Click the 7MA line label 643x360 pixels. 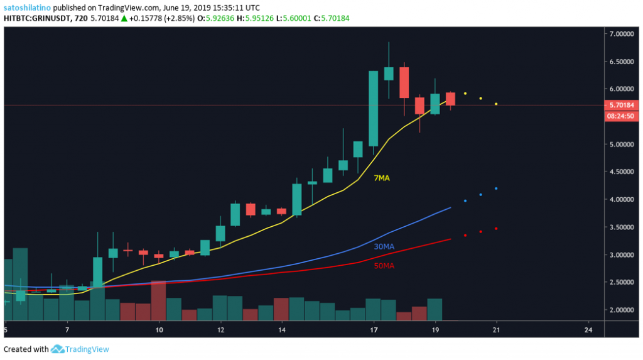point(382,178)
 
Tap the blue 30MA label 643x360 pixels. point(384,247)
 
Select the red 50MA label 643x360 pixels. point(384,266)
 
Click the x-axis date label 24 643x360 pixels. point(589,329)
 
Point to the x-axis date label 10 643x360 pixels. point(159,329)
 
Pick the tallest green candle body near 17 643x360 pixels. point(373,108)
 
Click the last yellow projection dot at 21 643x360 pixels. point(496,104)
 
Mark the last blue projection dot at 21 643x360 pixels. point(496,188)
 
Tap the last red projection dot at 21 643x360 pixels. point(496,229)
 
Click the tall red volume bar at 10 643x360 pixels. point(159,300)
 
